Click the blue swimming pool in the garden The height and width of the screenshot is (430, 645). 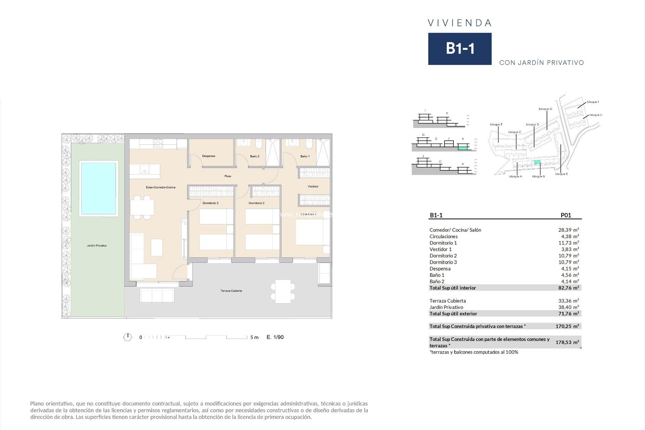98,188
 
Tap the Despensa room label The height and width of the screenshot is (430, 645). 209,156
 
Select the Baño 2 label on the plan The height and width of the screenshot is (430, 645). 255,157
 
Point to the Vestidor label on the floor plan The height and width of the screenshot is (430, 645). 313,186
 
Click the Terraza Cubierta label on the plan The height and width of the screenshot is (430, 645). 231,291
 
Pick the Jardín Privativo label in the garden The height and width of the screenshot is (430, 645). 97,246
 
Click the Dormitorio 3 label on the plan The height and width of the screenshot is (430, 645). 210,203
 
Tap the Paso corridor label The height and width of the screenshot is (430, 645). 228,176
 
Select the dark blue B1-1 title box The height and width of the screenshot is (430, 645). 460,49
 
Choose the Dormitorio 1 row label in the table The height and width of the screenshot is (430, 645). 443,243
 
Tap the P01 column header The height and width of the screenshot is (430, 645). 566,215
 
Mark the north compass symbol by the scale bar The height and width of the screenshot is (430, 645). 127,337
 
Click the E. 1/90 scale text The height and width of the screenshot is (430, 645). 275,337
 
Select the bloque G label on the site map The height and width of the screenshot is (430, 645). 545,109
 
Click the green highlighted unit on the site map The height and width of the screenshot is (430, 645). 537,163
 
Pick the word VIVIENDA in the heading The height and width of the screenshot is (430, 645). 460,23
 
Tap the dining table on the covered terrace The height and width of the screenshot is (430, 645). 283,291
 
